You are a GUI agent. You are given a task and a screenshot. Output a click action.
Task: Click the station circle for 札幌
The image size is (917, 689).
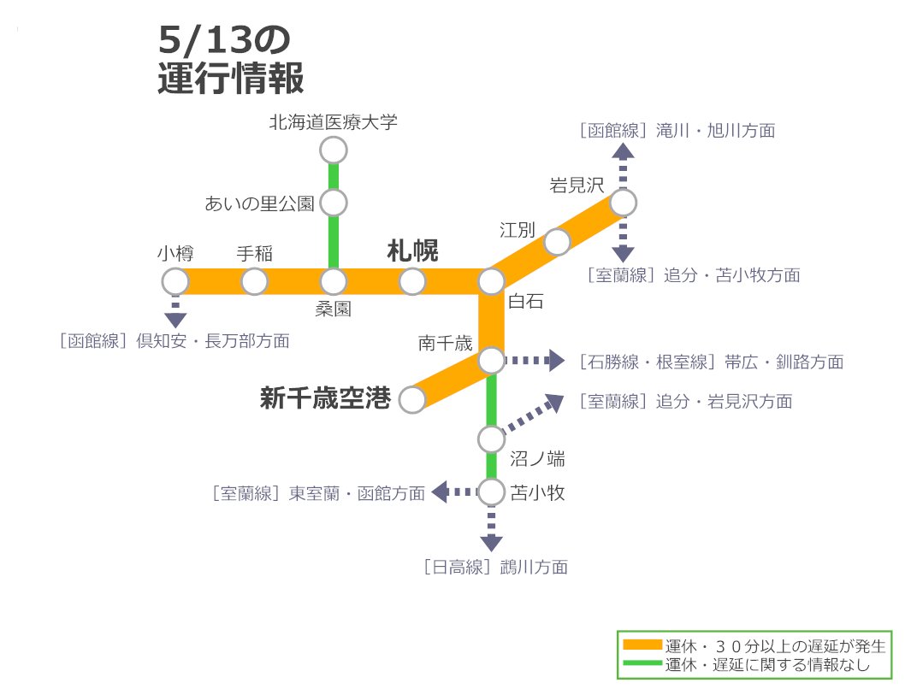click(x=412, y=281)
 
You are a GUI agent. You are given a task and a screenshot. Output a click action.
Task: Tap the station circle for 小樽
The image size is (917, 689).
click(x=175, y=281)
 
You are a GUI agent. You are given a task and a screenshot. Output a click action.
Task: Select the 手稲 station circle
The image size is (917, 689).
click(x=254, y=281)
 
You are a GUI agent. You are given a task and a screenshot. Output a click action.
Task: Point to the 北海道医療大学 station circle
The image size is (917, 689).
click(x=334, y=150)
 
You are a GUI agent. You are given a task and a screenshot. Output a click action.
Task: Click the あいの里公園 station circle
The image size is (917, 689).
click(x=334, y=203)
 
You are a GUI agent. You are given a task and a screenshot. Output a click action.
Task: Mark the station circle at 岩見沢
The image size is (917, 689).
click(x=623, y=203)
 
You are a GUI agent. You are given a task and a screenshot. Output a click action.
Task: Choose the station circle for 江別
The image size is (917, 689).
click(x=558, y=242)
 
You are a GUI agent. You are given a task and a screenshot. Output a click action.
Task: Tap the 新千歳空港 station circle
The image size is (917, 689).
click(x=412, y=399)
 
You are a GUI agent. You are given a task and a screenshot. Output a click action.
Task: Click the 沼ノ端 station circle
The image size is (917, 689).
click(x=491, y=439)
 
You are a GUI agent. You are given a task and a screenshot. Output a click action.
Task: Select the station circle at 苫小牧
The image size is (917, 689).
click(x=491, y=492)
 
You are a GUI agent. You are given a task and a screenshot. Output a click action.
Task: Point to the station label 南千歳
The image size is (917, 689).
click(x=445, y=344)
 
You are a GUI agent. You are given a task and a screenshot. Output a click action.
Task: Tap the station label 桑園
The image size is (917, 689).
click(x=334, y=309)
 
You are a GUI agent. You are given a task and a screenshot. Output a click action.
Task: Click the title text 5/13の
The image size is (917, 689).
click(x=225, y=41)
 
